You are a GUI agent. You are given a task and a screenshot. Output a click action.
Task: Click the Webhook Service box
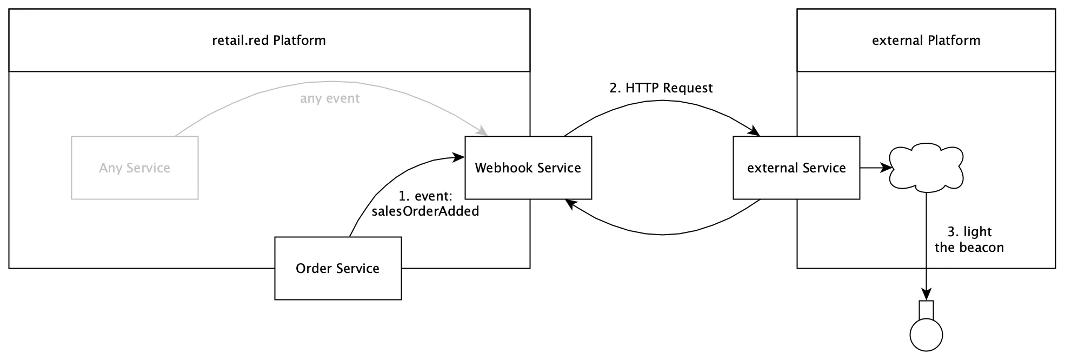528,168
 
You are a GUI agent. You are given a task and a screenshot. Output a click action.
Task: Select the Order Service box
338,268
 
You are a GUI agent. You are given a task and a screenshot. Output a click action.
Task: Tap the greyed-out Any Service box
135,168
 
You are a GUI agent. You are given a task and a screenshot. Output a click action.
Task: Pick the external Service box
796,168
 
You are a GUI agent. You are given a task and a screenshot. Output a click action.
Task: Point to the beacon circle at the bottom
927,335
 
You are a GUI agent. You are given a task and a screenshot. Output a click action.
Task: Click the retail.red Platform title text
269,41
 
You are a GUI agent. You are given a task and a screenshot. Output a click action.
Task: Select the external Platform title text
926,41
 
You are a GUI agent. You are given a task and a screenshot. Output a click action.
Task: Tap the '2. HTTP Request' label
661,88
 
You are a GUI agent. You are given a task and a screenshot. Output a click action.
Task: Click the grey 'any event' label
330,98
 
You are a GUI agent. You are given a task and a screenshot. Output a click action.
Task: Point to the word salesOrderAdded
425,211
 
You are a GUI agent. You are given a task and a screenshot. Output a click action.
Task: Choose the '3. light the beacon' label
969,239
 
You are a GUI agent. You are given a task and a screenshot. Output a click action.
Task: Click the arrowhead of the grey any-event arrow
483,131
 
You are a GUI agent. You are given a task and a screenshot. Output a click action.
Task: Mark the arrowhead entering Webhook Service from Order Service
459,157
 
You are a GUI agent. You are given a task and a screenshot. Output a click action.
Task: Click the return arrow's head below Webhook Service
571,204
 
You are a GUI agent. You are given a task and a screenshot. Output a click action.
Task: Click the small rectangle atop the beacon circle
927,310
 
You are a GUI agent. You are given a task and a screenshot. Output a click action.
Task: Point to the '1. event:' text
425,196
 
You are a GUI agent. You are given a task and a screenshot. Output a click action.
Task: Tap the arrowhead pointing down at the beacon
927,295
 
